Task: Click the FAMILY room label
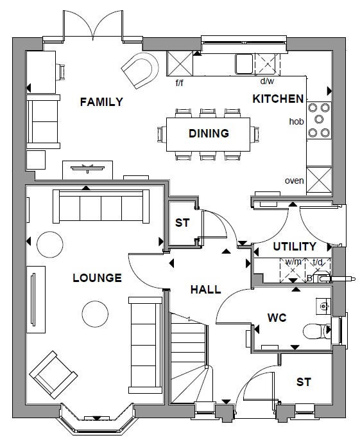click(101, 101)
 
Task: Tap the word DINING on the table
click(209, 134)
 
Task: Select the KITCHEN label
click(278, 99)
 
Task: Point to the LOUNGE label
click(98, 277)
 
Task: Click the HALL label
click(206, 289)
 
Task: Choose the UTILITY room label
click(295, 247)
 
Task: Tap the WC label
click(277, 318)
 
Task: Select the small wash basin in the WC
click(323, 306)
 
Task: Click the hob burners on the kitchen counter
click(319, 120)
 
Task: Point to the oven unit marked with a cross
click(319, 180)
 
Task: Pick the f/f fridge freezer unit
click(180, 64)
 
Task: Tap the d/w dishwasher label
click(267, 81)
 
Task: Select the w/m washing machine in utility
click(293, 270)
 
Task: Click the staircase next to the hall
click(189, 358)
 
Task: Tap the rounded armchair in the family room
click(141, 70)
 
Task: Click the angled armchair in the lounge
click(53, 374)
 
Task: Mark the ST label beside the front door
click(304, 382)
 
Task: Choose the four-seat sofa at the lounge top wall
click(101, 206)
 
